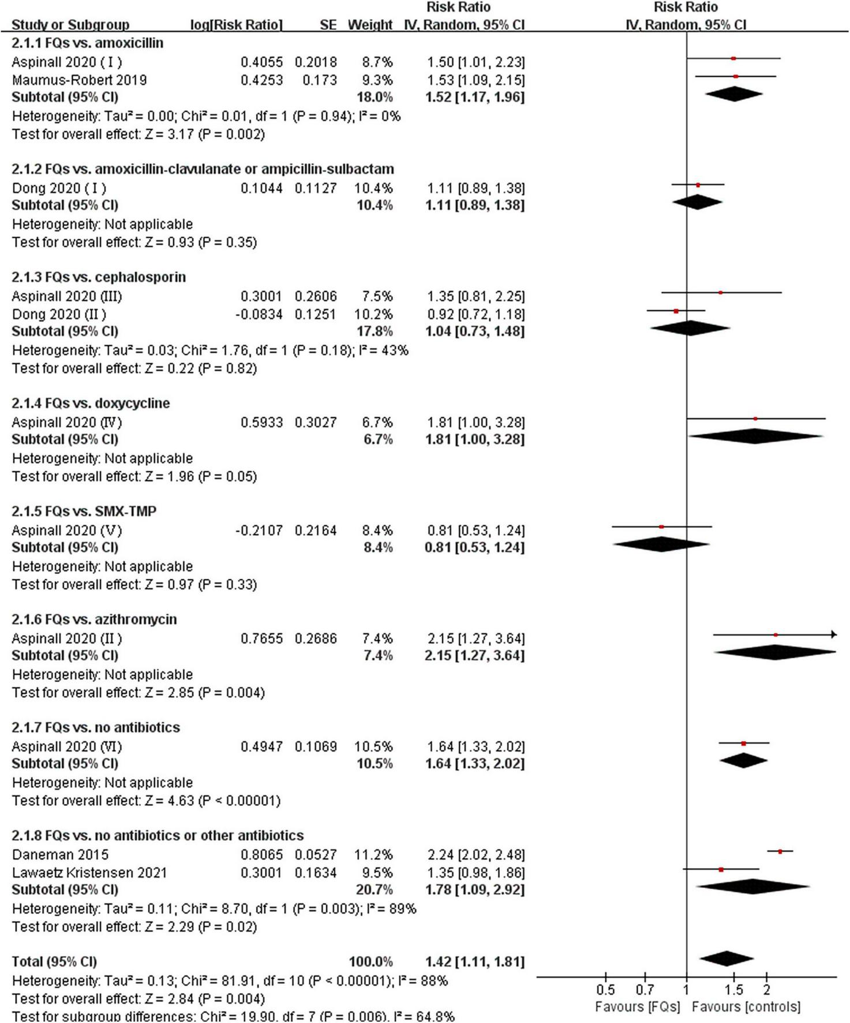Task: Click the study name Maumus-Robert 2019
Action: (x=79, y=80)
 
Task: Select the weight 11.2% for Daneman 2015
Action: (x=373, y=854)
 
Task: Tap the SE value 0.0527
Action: (x=316, y=854)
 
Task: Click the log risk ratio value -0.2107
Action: (x=259, y=530)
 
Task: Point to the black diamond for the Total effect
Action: (x=727, y=959)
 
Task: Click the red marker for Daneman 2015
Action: (x=780, y=851)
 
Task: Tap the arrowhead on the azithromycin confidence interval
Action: (x=833, y=634)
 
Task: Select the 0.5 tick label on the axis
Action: (x=605, y=990)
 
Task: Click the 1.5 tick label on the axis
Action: (x=733, y=990)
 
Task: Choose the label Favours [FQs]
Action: (x=638, y=1007)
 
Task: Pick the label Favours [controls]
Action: (x=746, y=1007)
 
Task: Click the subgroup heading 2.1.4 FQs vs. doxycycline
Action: (x=91, y=403)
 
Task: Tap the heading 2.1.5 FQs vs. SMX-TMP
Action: (x=84, y=511)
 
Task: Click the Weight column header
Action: (x=370, y=25)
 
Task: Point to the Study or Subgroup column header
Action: (x=70, y=25)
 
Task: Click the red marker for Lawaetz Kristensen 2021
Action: (x=721, y=869)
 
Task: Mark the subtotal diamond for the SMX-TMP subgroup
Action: (x=661, y=544)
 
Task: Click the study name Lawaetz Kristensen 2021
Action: (x=89, y=872)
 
